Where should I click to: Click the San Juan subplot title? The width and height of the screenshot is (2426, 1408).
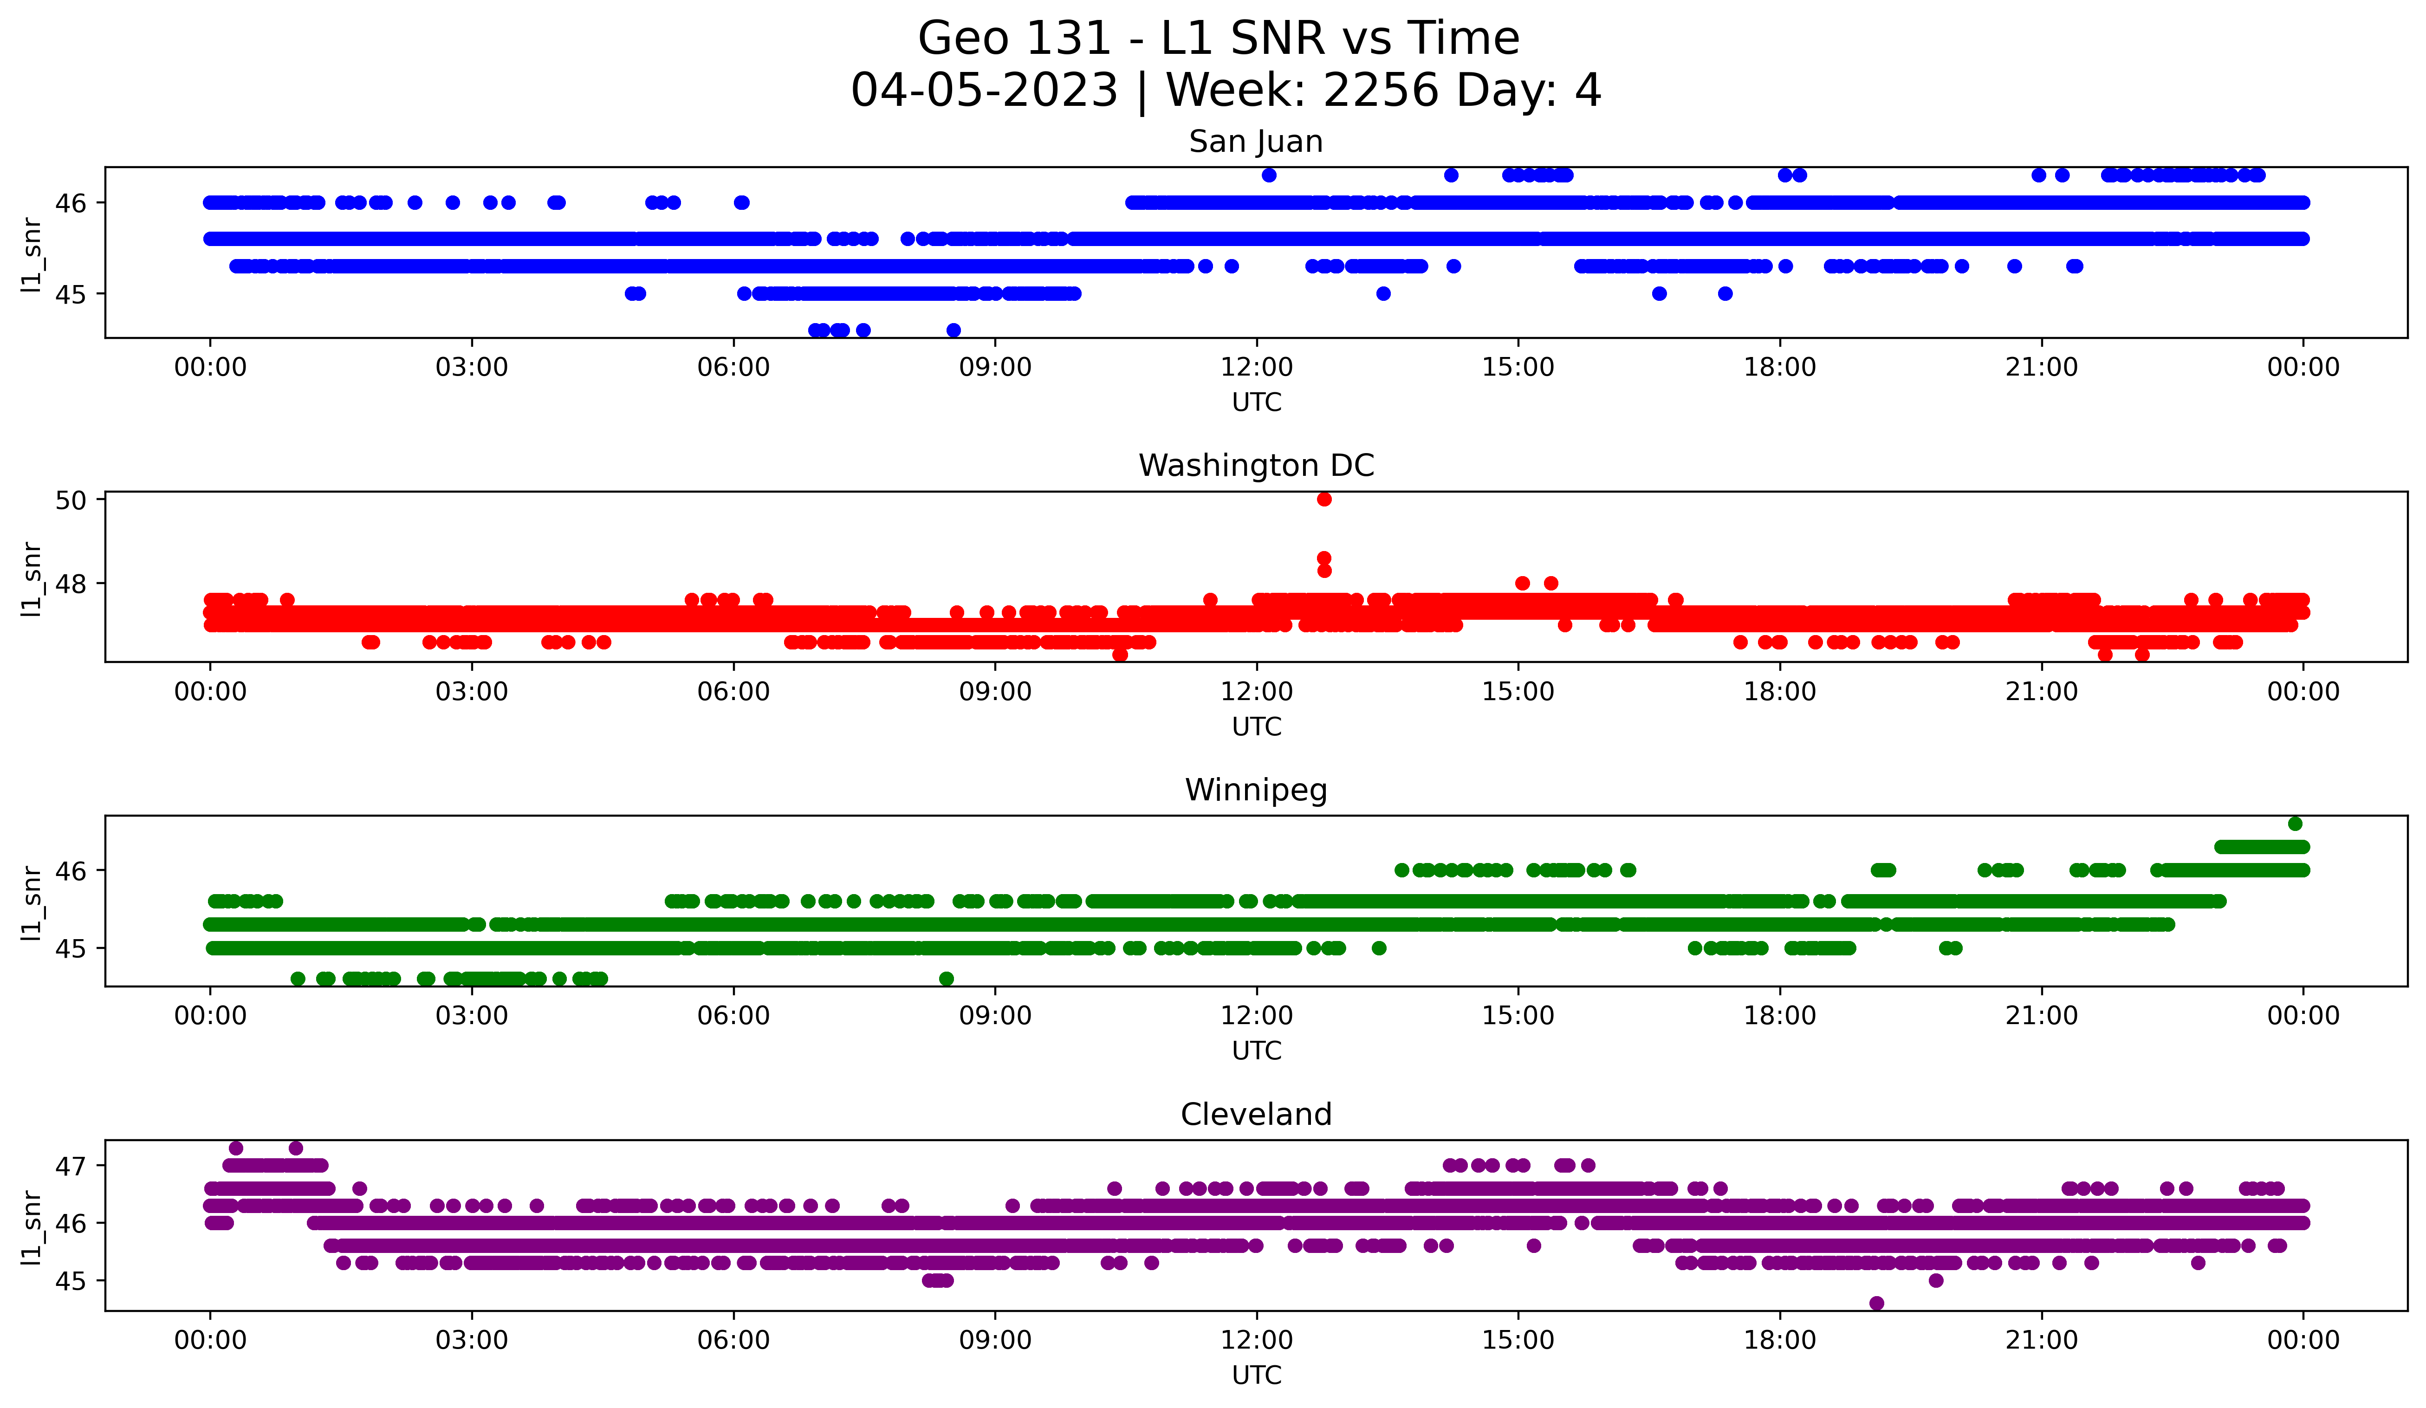coord(1255,142)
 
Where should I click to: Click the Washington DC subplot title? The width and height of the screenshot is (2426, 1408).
coord(1255,466)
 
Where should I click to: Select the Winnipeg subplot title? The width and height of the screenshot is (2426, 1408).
coord(1255,790)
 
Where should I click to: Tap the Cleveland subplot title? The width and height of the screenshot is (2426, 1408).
coord(1255,1115)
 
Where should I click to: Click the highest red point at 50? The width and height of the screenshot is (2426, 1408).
coord(1323,499)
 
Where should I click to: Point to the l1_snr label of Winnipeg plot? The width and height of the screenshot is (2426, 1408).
coord(32,902)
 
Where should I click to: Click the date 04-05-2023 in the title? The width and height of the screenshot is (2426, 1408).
coord(984,91)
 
